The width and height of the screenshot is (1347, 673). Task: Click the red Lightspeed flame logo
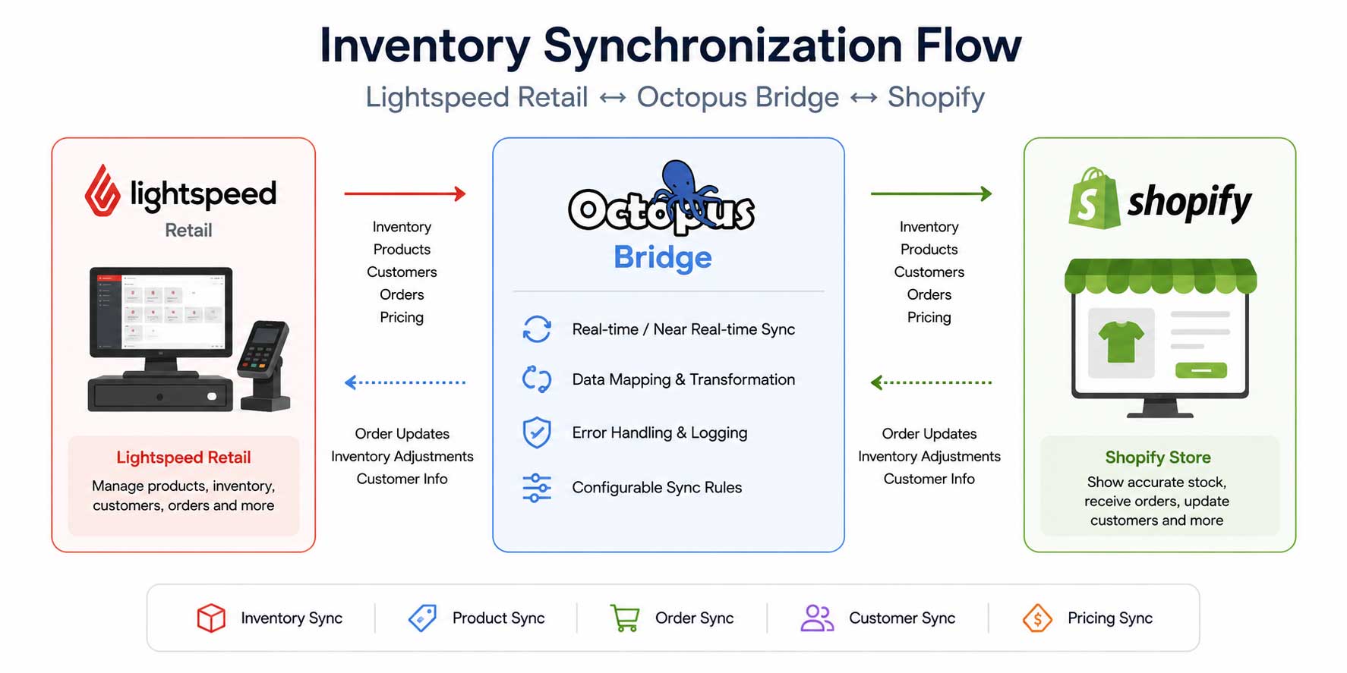click(103, 190)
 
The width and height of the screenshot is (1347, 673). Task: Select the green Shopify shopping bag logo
click(1093, 198)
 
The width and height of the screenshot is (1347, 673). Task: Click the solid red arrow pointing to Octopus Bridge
click(405, 193)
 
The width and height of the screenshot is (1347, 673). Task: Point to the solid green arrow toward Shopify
click(931, 193)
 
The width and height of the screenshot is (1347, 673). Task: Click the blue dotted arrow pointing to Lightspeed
click(405, 382)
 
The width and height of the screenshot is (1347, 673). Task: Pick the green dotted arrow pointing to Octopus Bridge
click(931, 382)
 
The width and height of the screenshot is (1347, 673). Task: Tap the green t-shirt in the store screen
click(1121, 341)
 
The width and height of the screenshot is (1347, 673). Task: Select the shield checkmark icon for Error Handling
click(537, 432)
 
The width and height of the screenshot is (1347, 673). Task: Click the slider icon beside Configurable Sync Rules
click(537, 488)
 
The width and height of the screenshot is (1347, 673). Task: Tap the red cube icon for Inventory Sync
click(211, 618)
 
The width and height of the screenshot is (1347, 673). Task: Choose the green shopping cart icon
click(625, 618)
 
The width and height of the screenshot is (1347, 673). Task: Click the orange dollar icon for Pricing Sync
click(1037, 618)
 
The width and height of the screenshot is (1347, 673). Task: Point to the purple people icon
click(817, 618)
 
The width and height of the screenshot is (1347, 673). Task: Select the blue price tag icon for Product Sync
click(423, 618)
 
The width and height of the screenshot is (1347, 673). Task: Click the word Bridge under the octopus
click(663, 257)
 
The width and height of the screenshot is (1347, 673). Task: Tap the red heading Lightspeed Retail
click(184, 458)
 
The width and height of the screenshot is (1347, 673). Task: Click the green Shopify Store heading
click(1158, 458)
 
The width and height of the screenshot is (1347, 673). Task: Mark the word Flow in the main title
click(968, 46)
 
